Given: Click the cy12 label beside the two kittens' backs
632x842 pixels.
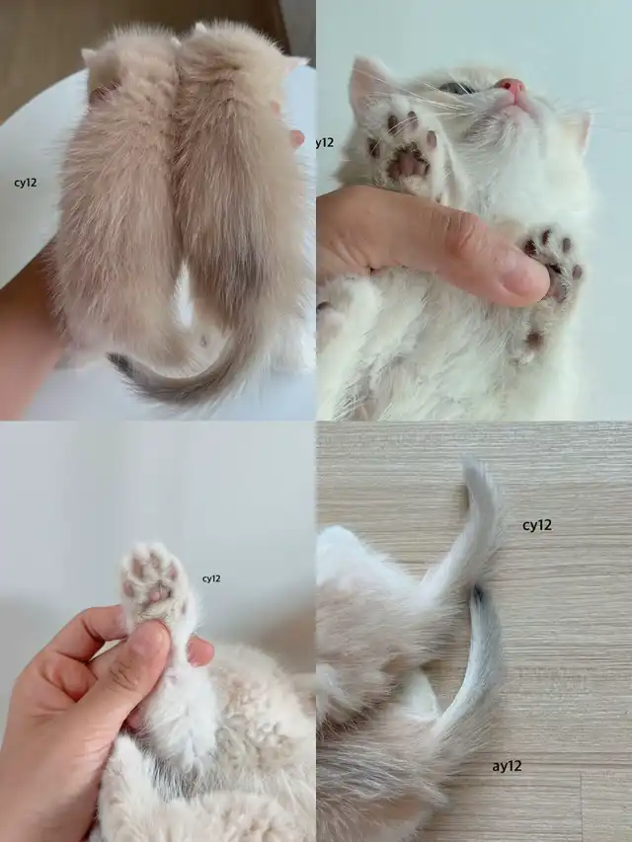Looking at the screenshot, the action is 26,184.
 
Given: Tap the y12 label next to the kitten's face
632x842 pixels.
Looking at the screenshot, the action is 325,143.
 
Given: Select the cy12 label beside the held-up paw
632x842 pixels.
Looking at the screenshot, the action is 211,578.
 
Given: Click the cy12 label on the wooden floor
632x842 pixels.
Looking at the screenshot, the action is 537,525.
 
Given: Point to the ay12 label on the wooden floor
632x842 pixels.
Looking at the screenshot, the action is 507,766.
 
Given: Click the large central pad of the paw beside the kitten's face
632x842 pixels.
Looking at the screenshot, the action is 408,163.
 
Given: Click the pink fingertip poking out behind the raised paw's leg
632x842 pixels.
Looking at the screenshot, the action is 199,651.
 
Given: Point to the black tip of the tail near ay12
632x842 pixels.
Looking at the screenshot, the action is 478,595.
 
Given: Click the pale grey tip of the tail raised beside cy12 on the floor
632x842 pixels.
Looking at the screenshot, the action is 474,472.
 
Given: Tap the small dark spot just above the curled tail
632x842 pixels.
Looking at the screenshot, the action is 203,341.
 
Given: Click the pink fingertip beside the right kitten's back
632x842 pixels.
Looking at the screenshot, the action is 296,138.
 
